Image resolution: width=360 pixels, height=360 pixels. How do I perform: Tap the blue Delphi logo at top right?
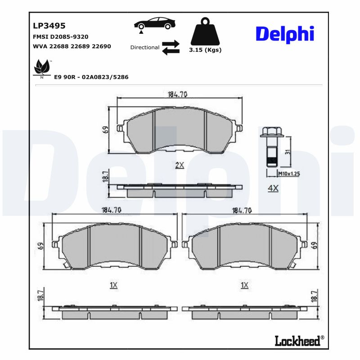pyautogui.click(x=284, y=34)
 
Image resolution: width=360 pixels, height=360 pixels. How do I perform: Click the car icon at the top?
pyautogui.click(x=154, y=23)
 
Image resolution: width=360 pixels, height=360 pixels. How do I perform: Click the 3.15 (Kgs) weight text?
pyautogui.click(x=205, y=50)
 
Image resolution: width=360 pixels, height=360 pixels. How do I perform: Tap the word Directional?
pyautogui.click(x=144, y=47)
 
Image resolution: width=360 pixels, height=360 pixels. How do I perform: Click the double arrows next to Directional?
pyautogui.click(x=171, y=47)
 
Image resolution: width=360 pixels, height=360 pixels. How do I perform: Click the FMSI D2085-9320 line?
pyautogui.click(x=61, y=36)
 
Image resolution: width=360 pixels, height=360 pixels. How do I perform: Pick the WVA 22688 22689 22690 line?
pyautogui.click(x=72, y=46)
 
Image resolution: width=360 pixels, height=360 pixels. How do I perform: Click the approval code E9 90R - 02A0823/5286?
pyautogui.click(x=91, y=77)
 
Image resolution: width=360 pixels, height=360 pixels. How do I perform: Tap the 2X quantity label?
pyautogui.click(x=180, y=165)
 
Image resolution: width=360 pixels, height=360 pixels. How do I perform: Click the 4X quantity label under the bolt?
pyautogui.click(x=273, y=189)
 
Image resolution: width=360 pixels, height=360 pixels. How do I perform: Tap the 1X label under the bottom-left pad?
pyautogui.click(x=113, y=285)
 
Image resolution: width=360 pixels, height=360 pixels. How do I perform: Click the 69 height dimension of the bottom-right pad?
pyautogui.click(x=314, y=246)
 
